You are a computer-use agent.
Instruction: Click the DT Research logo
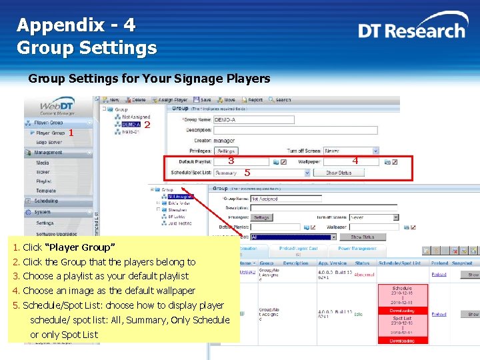[411, 30]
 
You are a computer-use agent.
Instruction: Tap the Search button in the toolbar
[279, 100]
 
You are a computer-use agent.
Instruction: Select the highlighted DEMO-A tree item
[130, 124]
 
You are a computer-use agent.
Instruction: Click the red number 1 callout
[71, 133]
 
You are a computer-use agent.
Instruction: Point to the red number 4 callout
[355, 161]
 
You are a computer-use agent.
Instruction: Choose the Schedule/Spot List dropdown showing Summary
[262, 173]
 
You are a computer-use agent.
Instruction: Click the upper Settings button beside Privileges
[227, 151]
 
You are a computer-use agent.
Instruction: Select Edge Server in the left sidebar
[49, 142]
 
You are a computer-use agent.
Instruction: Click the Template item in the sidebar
[46, 191]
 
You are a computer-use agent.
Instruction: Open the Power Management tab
[357, 249]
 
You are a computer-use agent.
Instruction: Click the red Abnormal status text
[364, 275]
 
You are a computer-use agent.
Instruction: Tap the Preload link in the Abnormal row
[439, 274]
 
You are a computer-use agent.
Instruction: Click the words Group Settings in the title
[87, 48]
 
